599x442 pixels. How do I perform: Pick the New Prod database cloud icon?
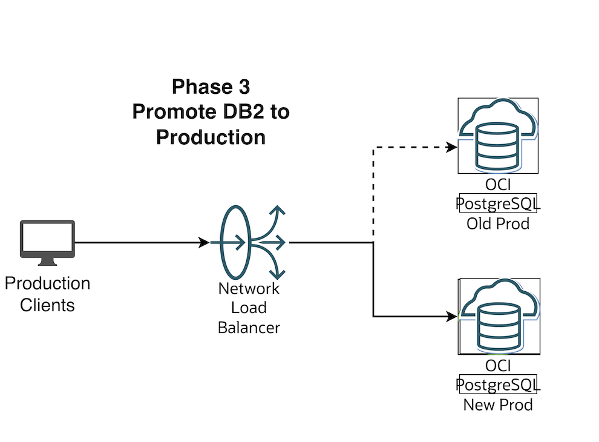click(499, 317)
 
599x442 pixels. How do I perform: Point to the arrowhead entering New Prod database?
click(451, 316)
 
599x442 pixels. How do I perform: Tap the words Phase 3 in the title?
click(211, 87)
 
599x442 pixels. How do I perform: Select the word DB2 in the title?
click(245, 112)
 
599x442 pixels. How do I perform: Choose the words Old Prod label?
click(497, 223)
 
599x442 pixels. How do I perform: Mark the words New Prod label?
click(497, 404)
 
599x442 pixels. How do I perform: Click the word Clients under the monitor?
click(47, 305)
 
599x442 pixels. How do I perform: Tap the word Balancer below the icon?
click(249, 328)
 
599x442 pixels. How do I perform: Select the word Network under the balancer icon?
click(249, 288)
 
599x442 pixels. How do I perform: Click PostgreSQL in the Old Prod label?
click(499, 204)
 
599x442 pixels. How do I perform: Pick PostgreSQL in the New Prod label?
click(499, 385)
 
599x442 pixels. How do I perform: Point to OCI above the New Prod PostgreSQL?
click(499, 365)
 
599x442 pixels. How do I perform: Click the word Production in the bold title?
click(211, 137)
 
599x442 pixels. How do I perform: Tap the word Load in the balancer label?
click(249, 308)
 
